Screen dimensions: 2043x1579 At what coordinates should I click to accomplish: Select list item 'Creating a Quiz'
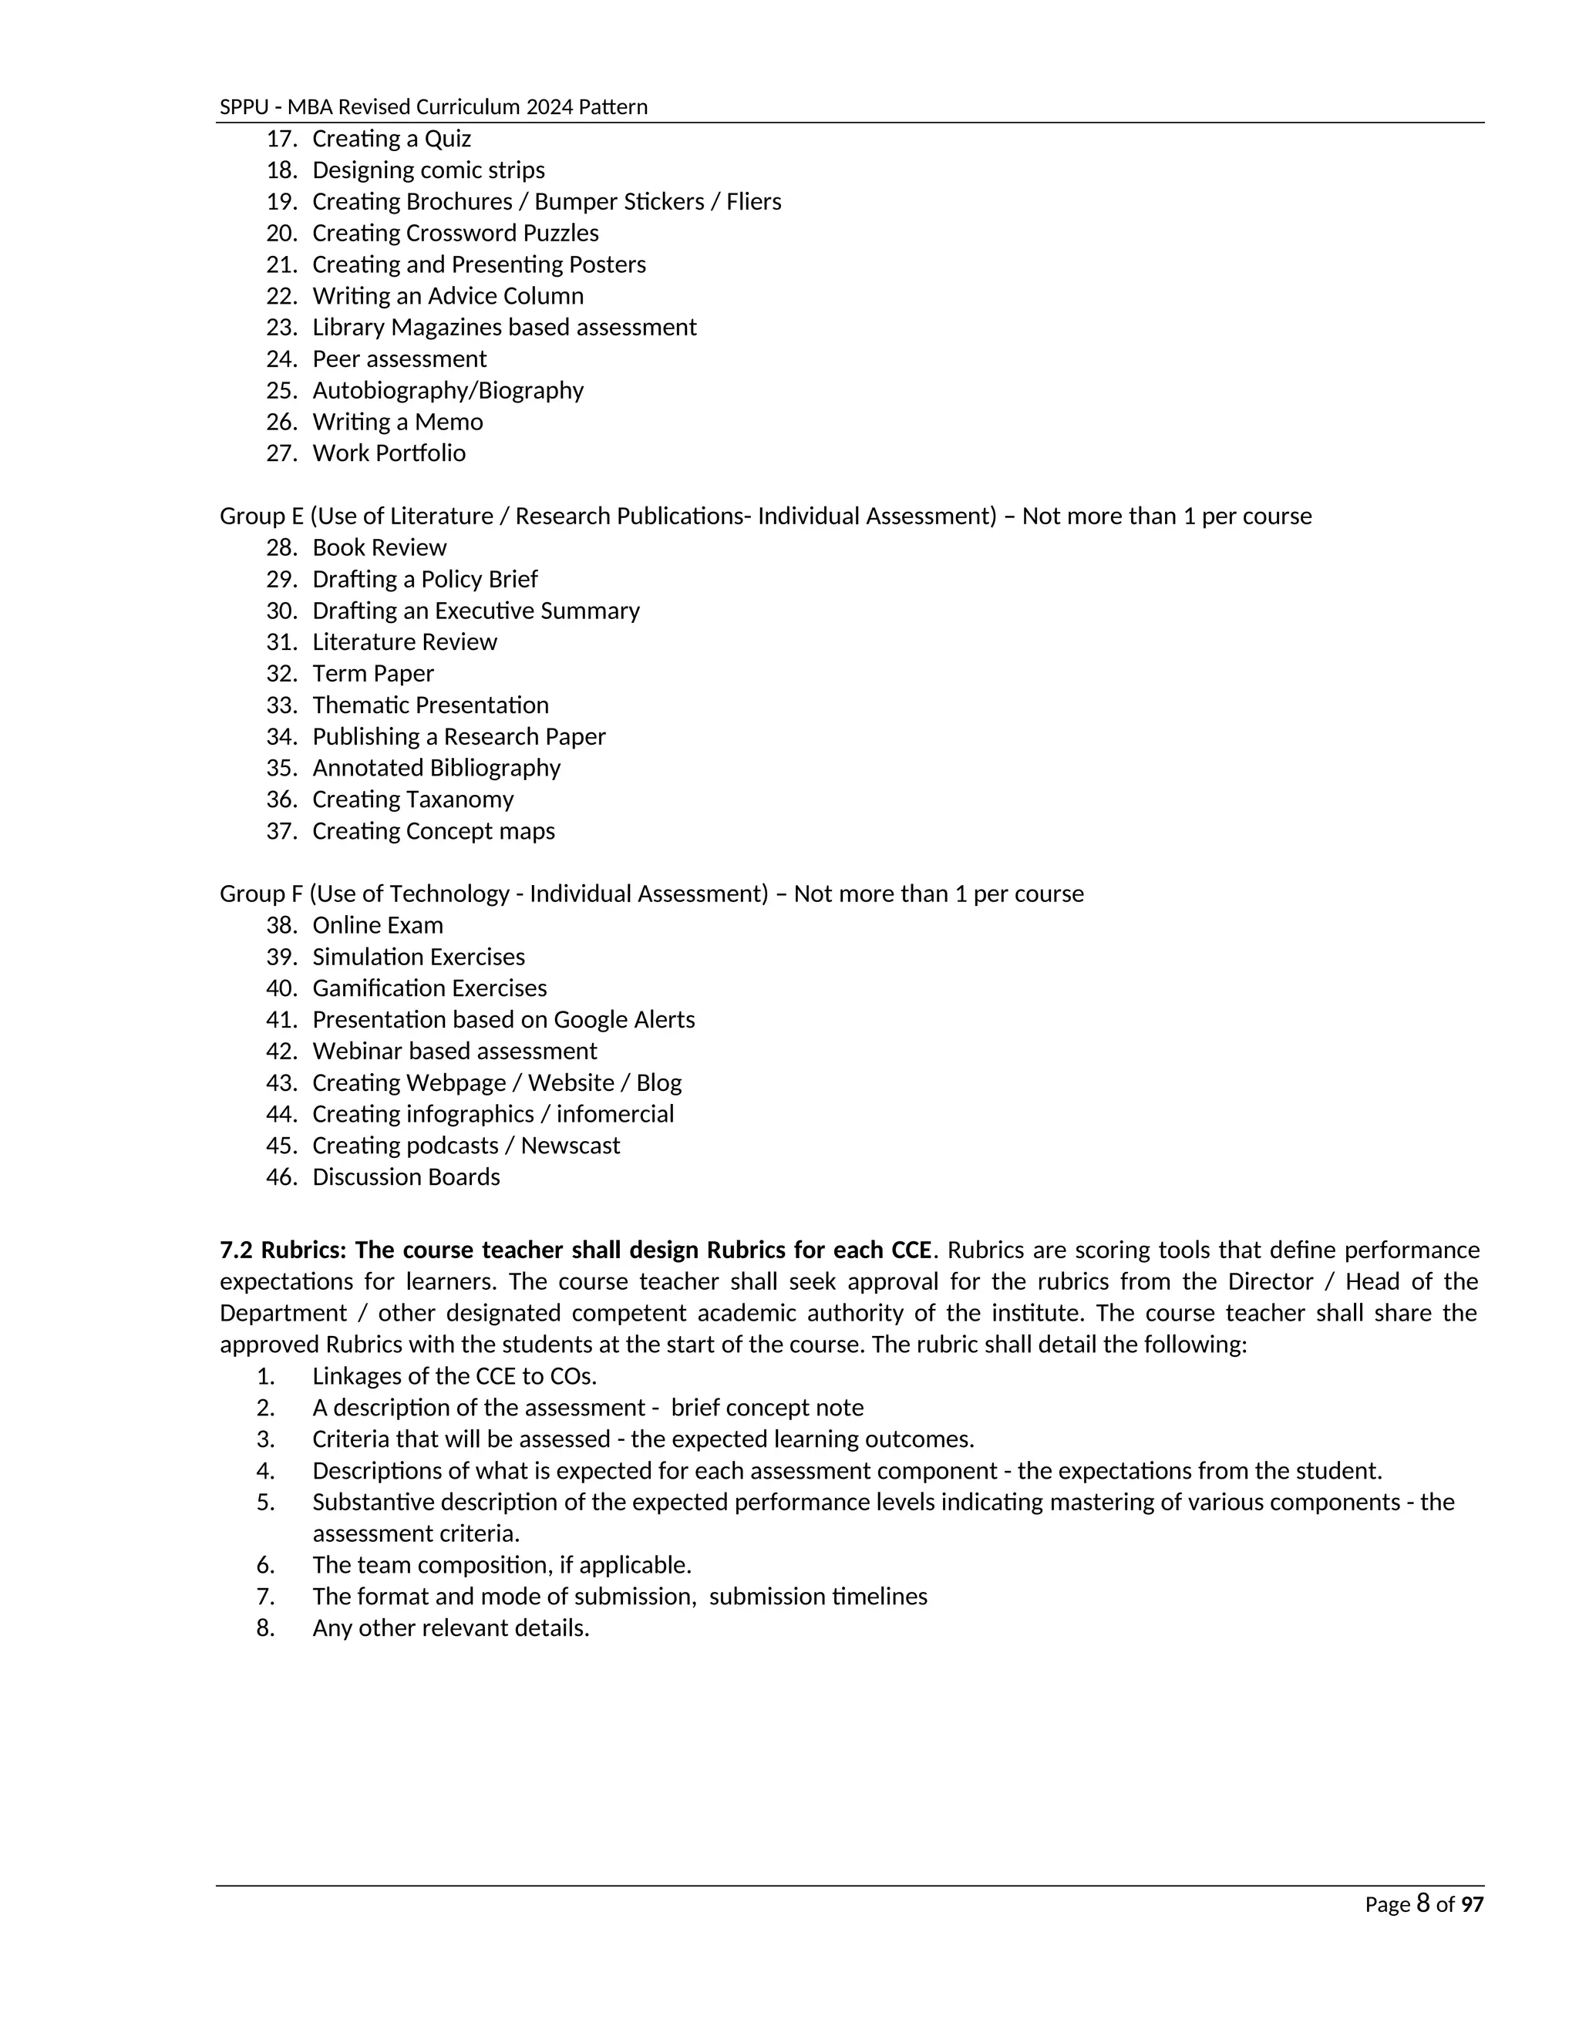point(391,139)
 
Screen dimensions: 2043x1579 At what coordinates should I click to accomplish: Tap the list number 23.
point(281,328)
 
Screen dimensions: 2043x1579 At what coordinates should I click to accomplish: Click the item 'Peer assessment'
point(399,359)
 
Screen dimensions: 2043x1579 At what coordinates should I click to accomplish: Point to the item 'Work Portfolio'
point(389,453)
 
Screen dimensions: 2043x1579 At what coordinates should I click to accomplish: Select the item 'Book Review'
point(379,548)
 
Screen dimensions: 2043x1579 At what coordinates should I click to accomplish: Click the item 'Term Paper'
point(372,674)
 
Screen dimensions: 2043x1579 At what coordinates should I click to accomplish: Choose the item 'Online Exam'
point(377,926)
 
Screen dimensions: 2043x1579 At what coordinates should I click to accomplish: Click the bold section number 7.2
point(237,1250)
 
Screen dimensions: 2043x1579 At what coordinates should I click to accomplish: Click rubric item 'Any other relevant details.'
point(451,1627)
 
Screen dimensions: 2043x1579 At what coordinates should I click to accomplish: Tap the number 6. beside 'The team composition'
point(266,1565)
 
